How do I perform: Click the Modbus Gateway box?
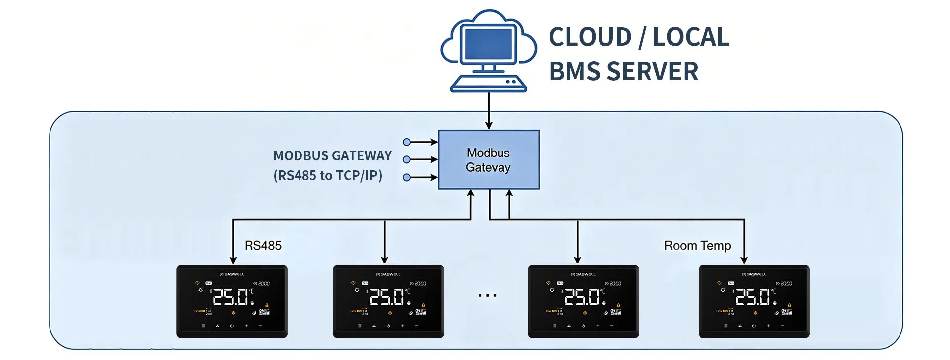(488, 159)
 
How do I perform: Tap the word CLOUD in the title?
(590, 37)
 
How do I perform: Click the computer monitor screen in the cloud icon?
(488, 45)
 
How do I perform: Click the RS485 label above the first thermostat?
(263, 246)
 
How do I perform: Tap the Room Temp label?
(697, 246)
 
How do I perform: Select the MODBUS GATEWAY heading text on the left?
(332, 156)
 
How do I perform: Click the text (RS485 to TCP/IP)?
(328, 176)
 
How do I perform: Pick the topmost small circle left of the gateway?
(407, 142)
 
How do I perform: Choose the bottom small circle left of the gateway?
(407, 177)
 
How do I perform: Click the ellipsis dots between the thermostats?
(487, 296)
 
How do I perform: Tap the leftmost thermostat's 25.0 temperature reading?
(231, 297)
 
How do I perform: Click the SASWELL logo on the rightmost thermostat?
(754, 274)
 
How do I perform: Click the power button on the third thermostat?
(583, 326)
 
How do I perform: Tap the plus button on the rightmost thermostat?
(768, 326)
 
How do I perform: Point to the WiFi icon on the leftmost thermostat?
(197, 283)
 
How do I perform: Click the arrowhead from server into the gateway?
(489, 126)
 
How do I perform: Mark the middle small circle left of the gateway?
(407, 159)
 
